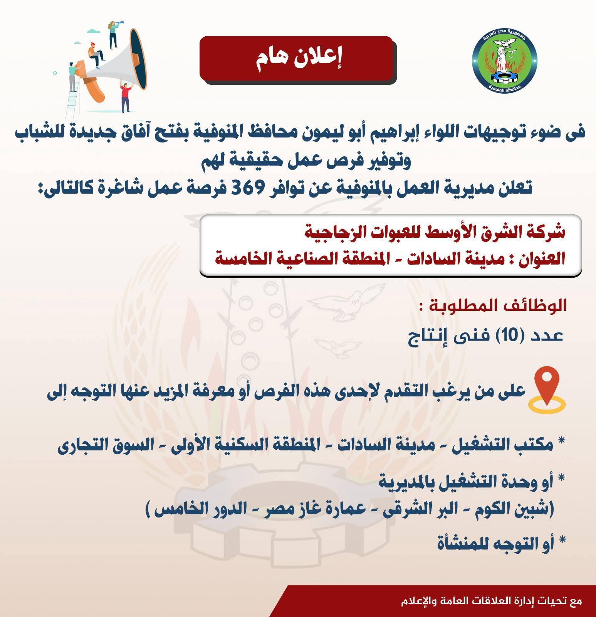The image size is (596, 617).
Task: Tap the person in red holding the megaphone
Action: point(126,96)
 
